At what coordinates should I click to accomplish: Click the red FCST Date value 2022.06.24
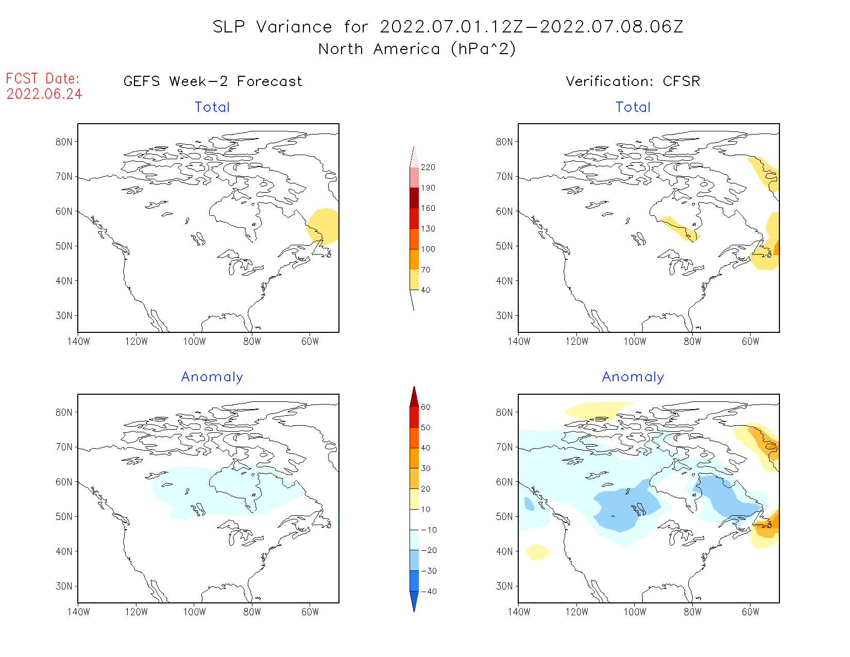pyautogui.click(x=44, y=94)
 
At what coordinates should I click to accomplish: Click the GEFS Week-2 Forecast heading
pyautogui.click(x=213, y=81)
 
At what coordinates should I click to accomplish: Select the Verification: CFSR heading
pyautogui.click(x=633, y=81)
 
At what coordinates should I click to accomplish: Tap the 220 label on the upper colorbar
pyautogui.click(x=428, y=167)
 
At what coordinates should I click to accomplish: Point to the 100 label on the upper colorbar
pyautogui.click(x=428, y=249)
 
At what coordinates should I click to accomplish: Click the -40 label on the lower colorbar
pyautogui.click(x=428, y=592)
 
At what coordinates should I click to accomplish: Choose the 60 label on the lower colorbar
pyautogui.click(x=426, y=407)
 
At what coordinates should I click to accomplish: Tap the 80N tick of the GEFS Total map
pyautogui.click(x=64, y=142)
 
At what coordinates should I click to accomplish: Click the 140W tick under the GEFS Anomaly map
pyautogui.click(x=78, y=612)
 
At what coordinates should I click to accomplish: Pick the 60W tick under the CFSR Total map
pyautogui.click(x=751, y=341)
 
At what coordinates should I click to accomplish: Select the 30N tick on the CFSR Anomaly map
pyautogui.click(x=504, y=586)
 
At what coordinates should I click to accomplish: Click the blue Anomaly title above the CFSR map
pyautogui.click(x=633, y=377)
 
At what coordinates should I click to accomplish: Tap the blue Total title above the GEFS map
pyautogui.click(x=212, y=107)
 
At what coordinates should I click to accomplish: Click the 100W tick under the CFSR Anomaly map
pyautogui.click(x=635, y=612)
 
